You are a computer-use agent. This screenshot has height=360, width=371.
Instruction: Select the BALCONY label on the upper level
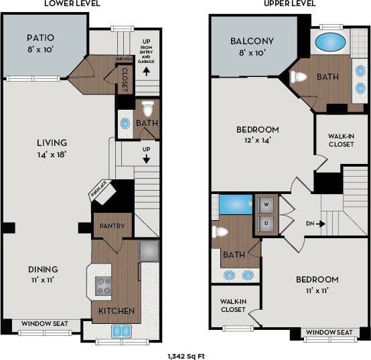[x=251, y=41]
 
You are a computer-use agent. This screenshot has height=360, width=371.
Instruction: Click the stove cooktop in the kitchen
[x=104, y=286]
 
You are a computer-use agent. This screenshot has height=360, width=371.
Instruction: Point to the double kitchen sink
[x=121, y=331]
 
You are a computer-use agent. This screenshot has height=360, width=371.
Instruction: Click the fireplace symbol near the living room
[x=104, y=192]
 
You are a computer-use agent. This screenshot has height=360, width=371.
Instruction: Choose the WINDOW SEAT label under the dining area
[x=45, y=325]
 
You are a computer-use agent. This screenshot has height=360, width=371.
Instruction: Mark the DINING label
[x=43, y=270]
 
